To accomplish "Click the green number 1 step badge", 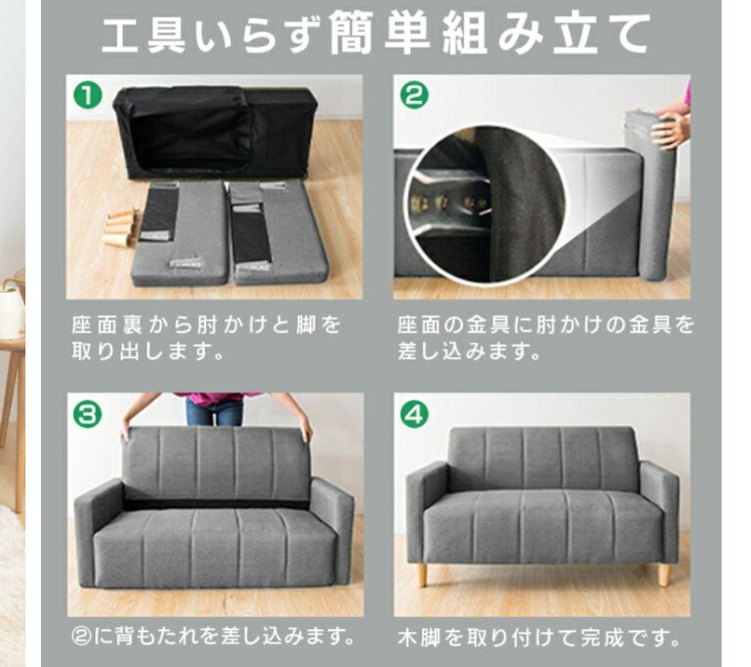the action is (88, 95).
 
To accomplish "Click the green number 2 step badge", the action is (414, 95).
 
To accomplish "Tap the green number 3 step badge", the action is (88, 414).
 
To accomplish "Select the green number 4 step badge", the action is (414, 414).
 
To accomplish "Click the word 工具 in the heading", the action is (144, 33).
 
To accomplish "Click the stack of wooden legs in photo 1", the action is (120, 228).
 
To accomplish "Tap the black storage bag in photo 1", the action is (215, 132).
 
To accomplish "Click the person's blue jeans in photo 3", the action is (214, 411).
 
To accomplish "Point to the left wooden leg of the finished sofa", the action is (421, 574).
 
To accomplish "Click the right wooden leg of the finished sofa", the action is (663, 574).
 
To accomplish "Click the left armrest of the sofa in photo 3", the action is (98, 531).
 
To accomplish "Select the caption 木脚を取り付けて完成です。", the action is (539, 637).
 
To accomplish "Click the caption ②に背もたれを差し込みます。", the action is (214, 637).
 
